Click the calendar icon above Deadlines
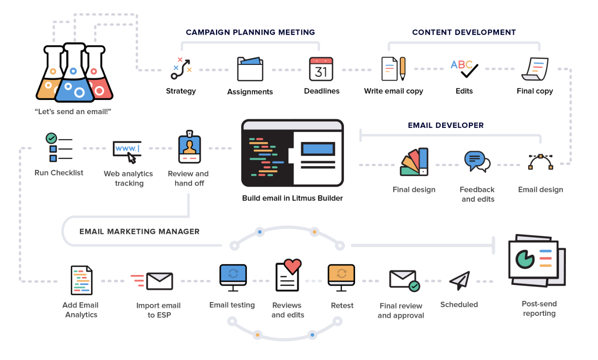[321, 69]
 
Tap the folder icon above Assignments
[250, 69]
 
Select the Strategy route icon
[181, 69]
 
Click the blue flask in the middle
[74, 77]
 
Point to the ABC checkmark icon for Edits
[464, 69]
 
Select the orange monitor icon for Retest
[342, 275]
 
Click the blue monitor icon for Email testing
[233, 275]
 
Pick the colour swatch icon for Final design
[415, 162]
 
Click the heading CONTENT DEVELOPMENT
[464, 32]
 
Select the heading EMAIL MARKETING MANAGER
[140, 232]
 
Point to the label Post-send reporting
[539, 309]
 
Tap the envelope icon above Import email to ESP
[159, 281]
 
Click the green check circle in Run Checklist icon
[52, 138]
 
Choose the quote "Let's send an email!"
[73, 112]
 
